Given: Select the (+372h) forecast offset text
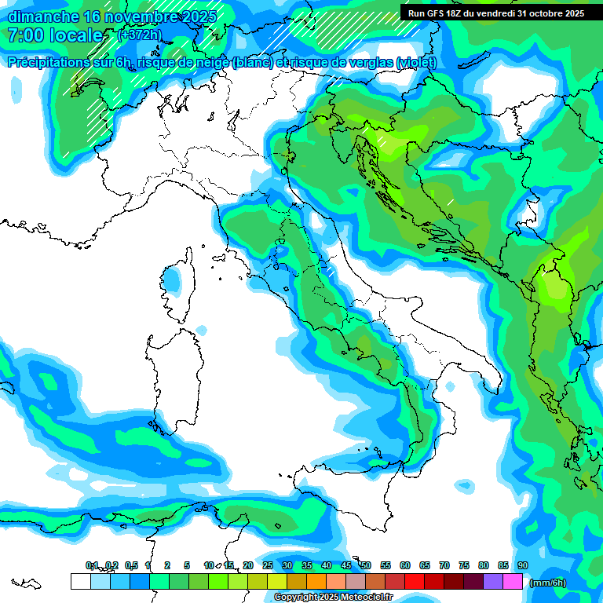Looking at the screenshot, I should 139,35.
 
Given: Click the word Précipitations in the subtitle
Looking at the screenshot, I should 46,62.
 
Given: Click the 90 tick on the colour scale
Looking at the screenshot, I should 522,565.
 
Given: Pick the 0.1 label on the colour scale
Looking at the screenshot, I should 92,565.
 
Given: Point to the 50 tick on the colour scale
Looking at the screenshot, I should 366,565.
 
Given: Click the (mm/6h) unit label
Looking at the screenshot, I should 547,583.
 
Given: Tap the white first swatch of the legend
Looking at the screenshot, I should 80,582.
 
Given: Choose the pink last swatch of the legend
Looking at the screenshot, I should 513,582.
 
